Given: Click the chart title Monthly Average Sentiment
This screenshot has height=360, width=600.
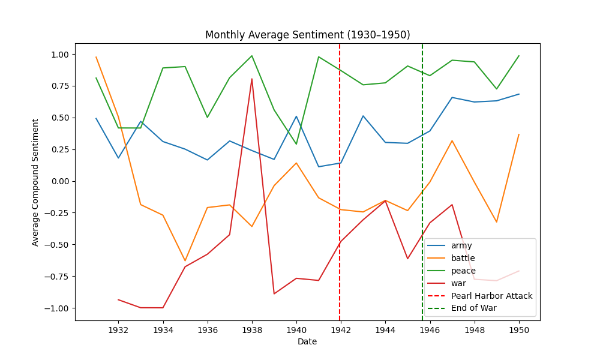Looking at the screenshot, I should tap(307, 35).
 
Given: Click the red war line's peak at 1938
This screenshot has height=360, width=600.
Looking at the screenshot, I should tap(252, 79).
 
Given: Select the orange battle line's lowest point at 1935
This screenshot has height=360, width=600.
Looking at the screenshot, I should tap(185, 260).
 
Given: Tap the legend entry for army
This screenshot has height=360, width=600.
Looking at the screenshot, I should tap(461, 245).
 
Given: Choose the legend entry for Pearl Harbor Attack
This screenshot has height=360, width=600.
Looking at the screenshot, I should tap(491, 296).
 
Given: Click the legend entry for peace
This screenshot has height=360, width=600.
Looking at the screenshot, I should tap(463, 271).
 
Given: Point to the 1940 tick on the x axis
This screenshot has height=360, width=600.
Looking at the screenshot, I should tap(296, 329).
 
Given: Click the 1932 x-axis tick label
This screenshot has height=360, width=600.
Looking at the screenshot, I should tap(118, 329).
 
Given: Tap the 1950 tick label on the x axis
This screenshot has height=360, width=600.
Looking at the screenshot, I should tap(518, 329).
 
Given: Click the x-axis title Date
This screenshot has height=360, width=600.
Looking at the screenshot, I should tap(307, 342).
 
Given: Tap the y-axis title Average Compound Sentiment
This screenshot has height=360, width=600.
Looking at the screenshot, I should tap(35, 182).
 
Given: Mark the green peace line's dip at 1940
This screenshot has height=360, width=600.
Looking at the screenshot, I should tap(296, 144).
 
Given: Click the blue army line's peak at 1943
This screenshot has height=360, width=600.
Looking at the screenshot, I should tap(363, 116).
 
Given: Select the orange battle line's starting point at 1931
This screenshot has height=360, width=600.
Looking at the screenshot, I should tap(96, 57).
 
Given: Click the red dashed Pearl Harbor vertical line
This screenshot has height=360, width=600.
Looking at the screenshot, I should tap(340, 180).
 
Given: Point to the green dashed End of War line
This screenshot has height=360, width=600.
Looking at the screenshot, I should tap(422, 150).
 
